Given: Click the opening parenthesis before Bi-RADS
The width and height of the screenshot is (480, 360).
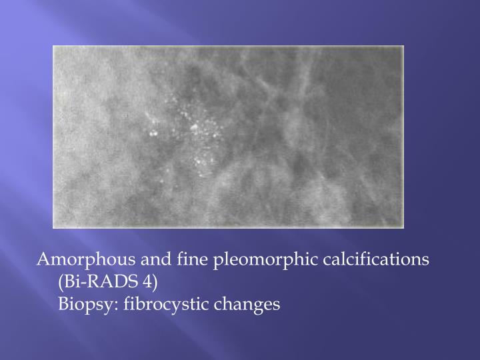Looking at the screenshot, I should tap(61, 282).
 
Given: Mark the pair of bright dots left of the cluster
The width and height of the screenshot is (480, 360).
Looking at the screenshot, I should tap(154, 133).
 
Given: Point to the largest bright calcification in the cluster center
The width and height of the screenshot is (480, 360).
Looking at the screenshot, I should tap(195, 127).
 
